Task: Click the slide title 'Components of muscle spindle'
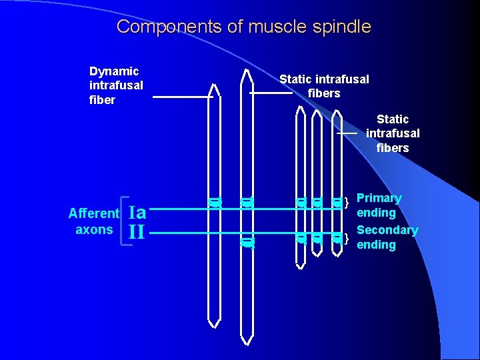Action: click(243, 27)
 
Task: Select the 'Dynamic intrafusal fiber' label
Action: click(115, 85)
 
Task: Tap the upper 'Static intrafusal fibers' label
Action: click(324, 87)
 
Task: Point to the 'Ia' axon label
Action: click(137, 212)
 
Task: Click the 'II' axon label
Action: click(136, 233)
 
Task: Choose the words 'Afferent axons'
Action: click(93, 221)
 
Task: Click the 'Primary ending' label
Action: click(378, 205)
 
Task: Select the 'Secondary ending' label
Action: click(387, 237)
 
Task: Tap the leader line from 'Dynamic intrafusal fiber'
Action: click(182, 97)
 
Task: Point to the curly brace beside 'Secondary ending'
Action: click(347, 238)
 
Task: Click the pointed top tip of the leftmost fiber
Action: click(214, 85)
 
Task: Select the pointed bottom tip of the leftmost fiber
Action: click(214, 326)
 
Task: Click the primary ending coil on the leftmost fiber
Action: click(214, 202)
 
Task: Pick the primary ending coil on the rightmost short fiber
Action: click(337, 202)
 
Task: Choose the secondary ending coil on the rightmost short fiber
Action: click(337, 237)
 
